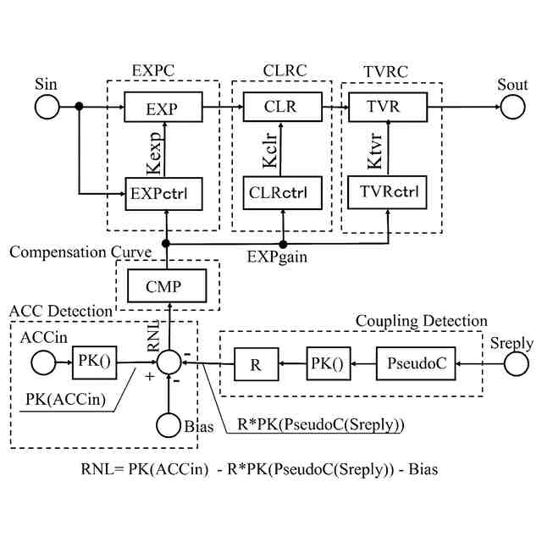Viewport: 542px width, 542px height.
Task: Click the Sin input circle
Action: click(47, 108)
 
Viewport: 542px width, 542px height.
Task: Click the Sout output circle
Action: click(512, 108)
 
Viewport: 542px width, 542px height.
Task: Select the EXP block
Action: click(162, 108)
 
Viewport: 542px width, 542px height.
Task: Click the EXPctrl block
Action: click(162, 195)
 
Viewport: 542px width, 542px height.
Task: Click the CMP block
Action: click(167, 285)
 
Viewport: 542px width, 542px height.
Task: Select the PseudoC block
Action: click(413, 364)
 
